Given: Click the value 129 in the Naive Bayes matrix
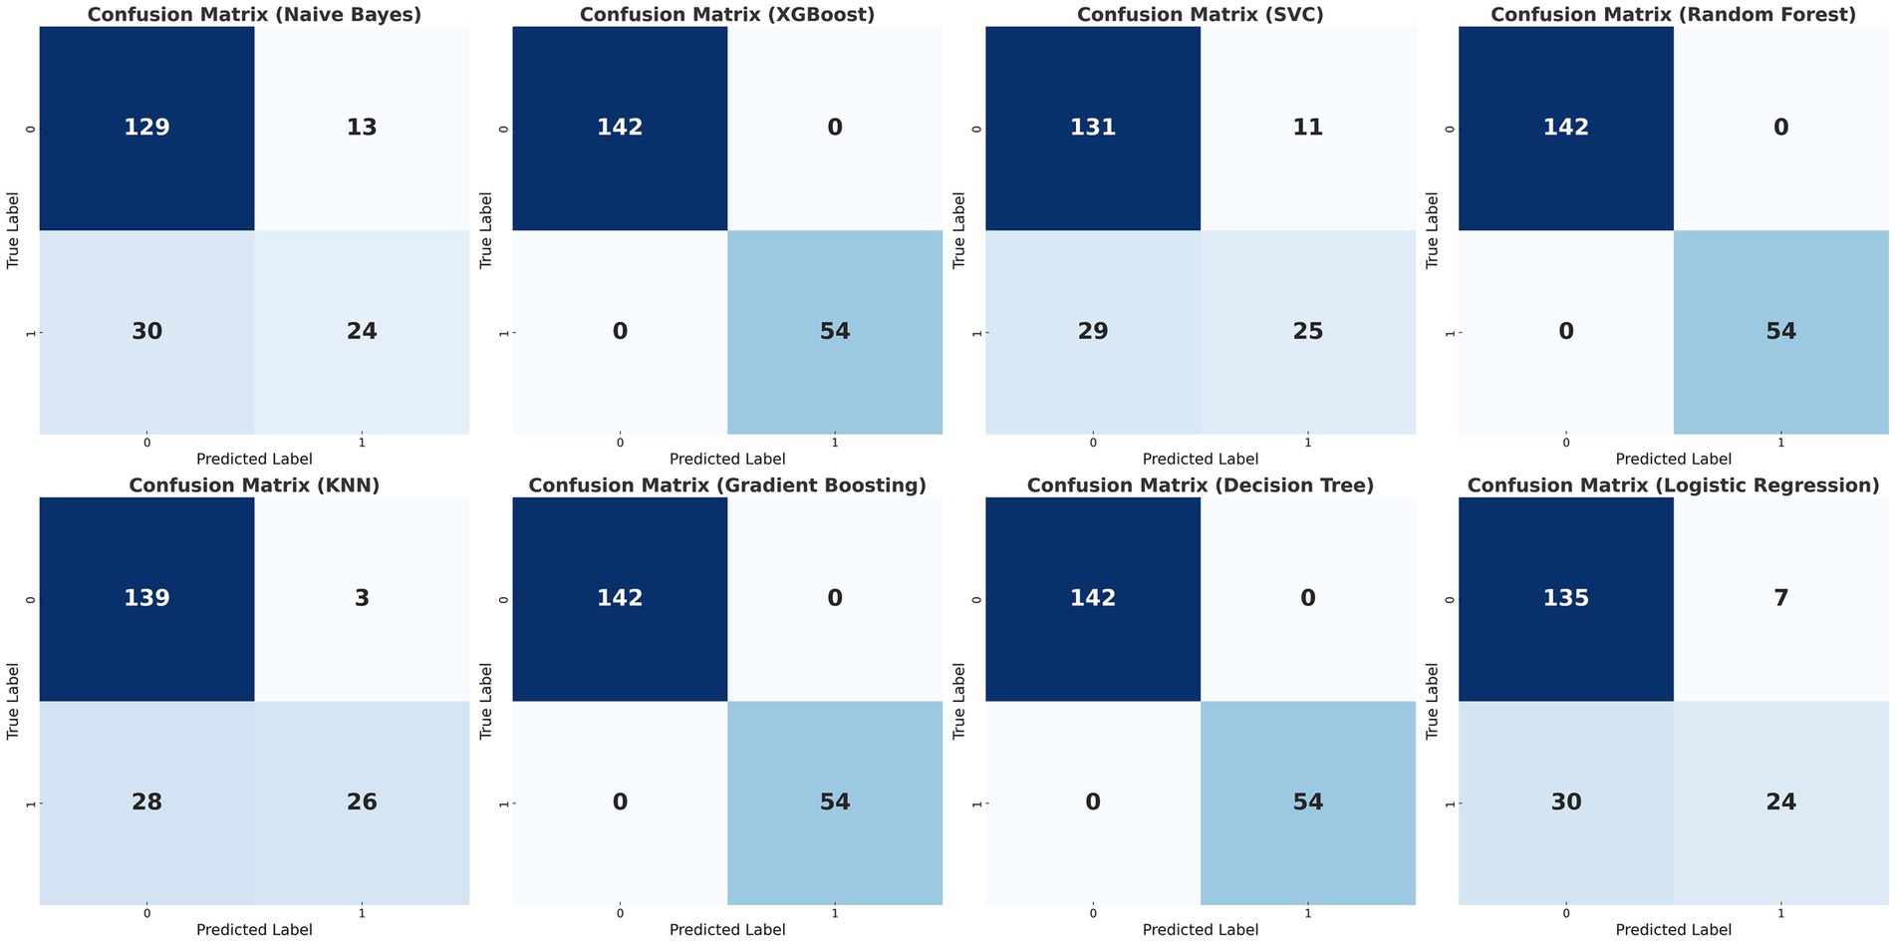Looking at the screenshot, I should (146, 128).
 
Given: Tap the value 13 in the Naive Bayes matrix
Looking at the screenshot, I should (362, 128).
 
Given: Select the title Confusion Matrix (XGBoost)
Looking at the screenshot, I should (727, 15).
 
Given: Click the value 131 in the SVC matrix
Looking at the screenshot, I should (1093, 128).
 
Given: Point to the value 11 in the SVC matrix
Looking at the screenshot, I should (1307, 128).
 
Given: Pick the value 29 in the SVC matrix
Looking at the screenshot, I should (1093, 331).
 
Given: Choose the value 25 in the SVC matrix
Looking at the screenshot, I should (1307, 331).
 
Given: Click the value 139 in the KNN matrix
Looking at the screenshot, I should (146, 598).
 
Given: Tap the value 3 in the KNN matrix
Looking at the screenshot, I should (362, 598).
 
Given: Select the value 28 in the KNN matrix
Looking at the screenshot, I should (146, 801).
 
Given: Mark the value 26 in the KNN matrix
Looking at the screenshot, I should (362, 801).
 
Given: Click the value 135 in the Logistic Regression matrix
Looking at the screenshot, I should (1566, 598).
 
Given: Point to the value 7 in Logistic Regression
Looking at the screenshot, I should (1780, 598).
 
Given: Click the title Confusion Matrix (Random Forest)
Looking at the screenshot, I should (1673, 15).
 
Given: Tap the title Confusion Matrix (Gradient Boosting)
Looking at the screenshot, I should (727, 485).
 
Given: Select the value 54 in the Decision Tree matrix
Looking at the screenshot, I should (1307, 801).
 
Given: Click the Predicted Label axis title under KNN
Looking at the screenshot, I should (254, 929).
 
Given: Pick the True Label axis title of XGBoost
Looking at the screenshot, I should (486, 230).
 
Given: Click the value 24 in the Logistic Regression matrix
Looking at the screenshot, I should (1780, 801).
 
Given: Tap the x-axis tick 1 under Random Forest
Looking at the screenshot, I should (1780, 442).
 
